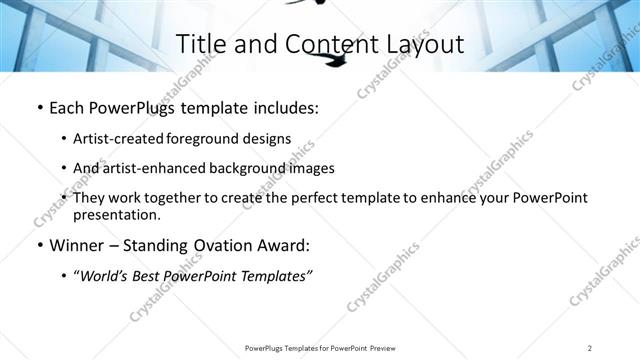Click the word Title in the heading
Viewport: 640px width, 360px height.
tap(199, 44)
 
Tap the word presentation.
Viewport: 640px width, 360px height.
tap(116, 215)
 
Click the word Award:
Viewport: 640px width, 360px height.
tap(286, 245)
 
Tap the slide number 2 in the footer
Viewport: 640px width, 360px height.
tap(591, 348)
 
